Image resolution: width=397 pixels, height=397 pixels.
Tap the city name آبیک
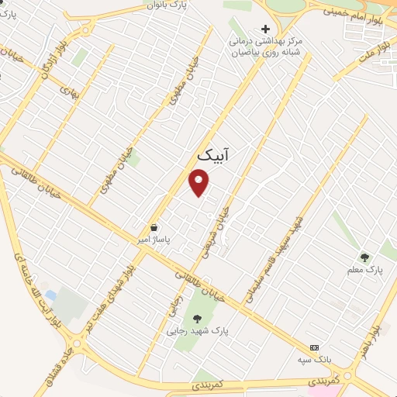click(x=213, y=156)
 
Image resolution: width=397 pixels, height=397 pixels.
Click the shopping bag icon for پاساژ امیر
click(x=155, y=228)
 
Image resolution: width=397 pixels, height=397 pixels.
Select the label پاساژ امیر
click(x=165, y=240)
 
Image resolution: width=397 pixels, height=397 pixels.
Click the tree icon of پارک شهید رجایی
click(x=196, y=317)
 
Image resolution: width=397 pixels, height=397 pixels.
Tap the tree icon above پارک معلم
click(x=364, y=257)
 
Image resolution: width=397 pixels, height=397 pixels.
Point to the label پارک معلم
click(x=364, y=270)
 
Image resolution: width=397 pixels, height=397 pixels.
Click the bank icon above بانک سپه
click(x=314, y=347)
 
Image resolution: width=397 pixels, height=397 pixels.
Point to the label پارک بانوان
click(x=167, y=5)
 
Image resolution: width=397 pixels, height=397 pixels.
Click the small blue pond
click(x=50, y=295)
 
